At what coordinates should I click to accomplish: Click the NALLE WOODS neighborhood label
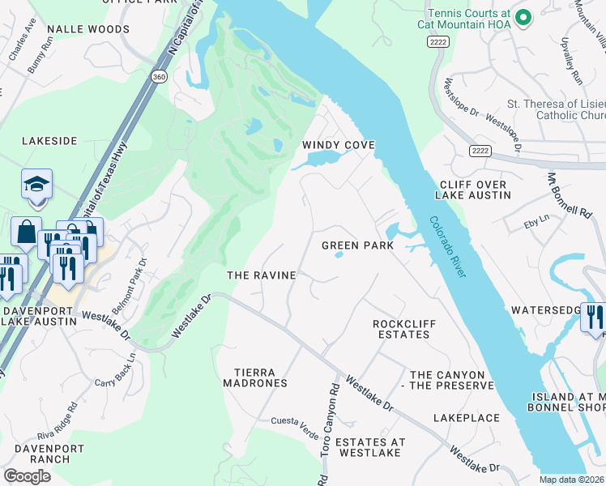88,29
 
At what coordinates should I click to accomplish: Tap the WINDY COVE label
339,145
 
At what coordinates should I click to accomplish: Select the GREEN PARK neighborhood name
357,245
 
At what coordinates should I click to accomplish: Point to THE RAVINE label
261,275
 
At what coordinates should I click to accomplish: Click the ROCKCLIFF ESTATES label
404,329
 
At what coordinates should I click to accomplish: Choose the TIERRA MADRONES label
255,377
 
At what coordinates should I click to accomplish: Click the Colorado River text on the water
447,247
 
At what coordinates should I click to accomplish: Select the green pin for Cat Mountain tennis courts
523,16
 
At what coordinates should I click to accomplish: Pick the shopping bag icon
26,232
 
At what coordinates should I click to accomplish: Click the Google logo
27,476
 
